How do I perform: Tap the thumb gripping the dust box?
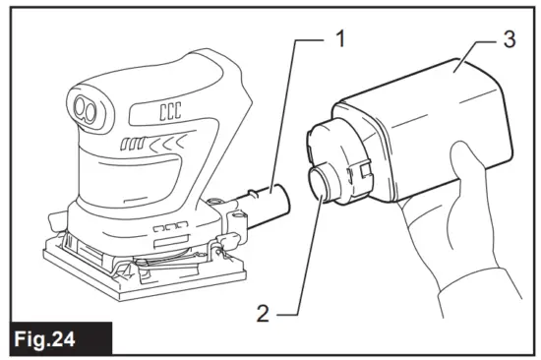click(461, 158)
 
